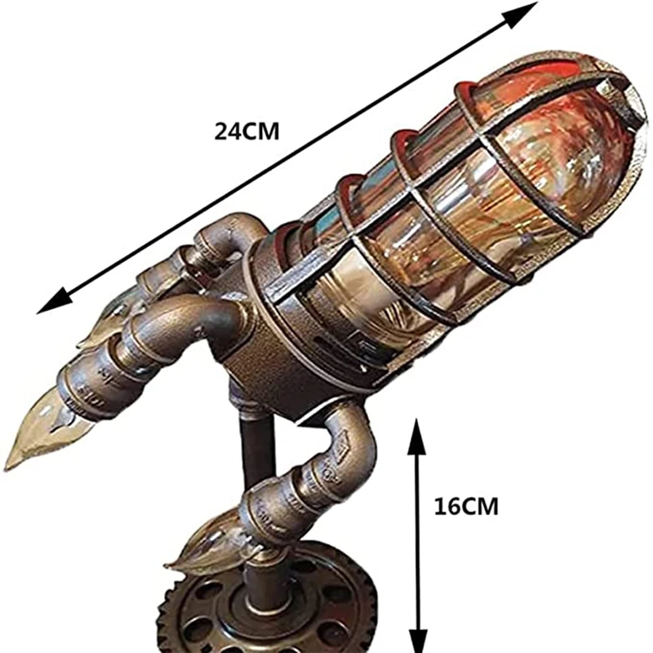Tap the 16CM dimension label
tap(468, 506)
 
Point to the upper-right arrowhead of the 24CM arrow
tap(527, 10)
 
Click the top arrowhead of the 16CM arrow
tap(417, 428)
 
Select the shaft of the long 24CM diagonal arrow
tap(286, 159)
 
